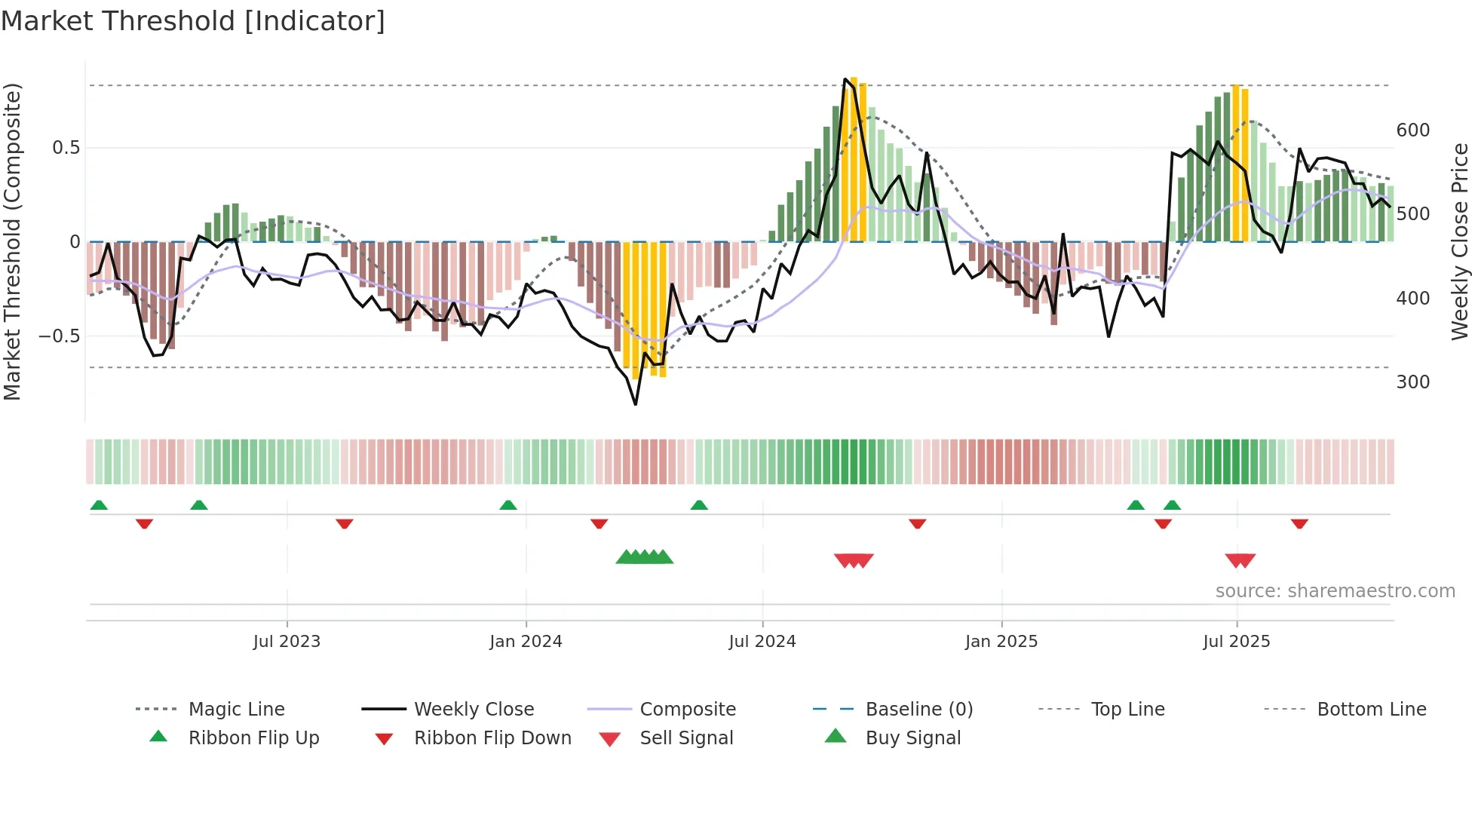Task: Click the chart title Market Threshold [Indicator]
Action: (x=193, y=21)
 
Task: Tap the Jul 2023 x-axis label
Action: (x=287, y=642)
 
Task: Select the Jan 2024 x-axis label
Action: (x=526, y=642)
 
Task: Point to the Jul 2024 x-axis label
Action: (x=762, y=642)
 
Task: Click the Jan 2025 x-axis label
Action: (x=1001, y=642)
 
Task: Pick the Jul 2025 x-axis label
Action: (x=1237, y=642)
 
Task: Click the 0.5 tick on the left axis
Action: (x=66, y=148)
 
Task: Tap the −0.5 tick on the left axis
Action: (x=60, y=336)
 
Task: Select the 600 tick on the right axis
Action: (x=1412, y=130)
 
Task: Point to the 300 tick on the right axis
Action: (x=1412, y=382)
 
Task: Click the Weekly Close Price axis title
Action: (x=1460, y=241)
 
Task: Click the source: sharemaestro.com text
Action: (x=1335, y=591)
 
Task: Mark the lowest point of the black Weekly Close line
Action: (x=636, y=405)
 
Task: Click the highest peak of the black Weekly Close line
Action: (x=845, y=78)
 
